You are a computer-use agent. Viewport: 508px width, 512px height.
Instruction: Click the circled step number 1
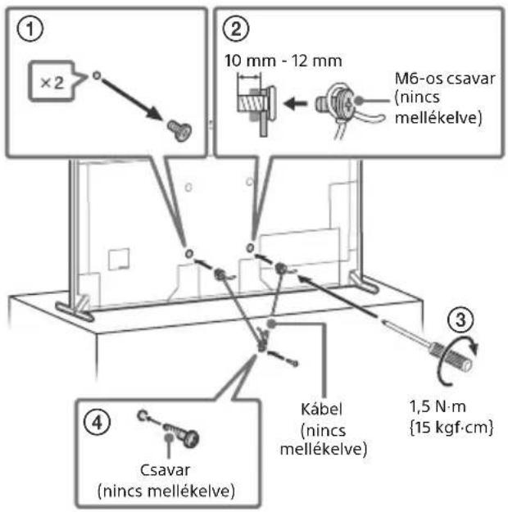tap(29, 29)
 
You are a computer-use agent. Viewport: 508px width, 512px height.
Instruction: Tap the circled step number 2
tap(236, 29)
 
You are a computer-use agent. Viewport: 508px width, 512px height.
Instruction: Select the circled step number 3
tap(460, 319)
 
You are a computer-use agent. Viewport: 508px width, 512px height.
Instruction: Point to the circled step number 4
tap(97, 423)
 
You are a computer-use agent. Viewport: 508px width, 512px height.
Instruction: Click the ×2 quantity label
tap(52, 83)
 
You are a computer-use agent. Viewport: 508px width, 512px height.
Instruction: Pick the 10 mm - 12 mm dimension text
tap(283, 61)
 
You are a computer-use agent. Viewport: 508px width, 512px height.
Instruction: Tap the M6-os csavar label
tap(445, 79)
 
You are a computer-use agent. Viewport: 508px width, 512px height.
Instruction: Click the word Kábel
tap(321, 410)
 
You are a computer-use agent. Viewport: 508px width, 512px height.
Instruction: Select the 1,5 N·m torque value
tap(438, 407)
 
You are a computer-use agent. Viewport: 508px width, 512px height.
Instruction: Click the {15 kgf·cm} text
tap(451, 427)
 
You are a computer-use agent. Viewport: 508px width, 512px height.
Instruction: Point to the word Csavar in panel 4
tap(165, 470)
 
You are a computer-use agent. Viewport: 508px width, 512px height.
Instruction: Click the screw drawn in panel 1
tap(179, 130)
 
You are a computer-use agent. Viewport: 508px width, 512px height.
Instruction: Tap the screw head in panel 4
tap(190, 438)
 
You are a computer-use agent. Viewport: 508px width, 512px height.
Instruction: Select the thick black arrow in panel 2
tap(296, 104)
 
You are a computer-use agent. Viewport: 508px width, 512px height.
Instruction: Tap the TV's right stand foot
tap(364, 282)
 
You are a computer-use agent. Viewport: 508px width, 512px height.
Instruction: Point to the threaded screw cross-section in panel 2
tap(251, 105)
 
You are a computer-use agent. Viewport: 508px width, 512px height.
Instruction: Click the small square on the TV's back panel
tap(118, 259)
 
